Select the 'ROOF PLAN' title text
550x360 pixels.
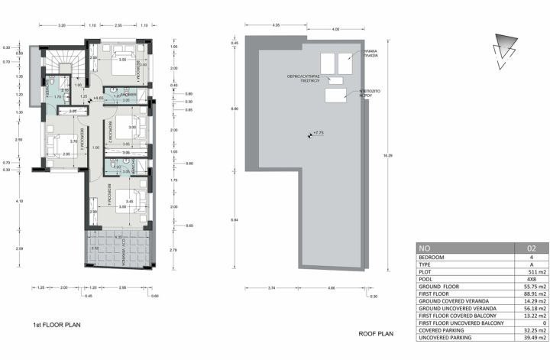click(x=375, y=334)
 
